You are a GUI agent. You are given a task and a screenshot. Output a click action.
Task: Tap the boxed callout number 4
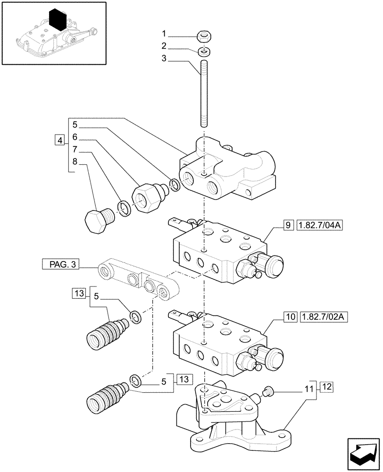(59, 140)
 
